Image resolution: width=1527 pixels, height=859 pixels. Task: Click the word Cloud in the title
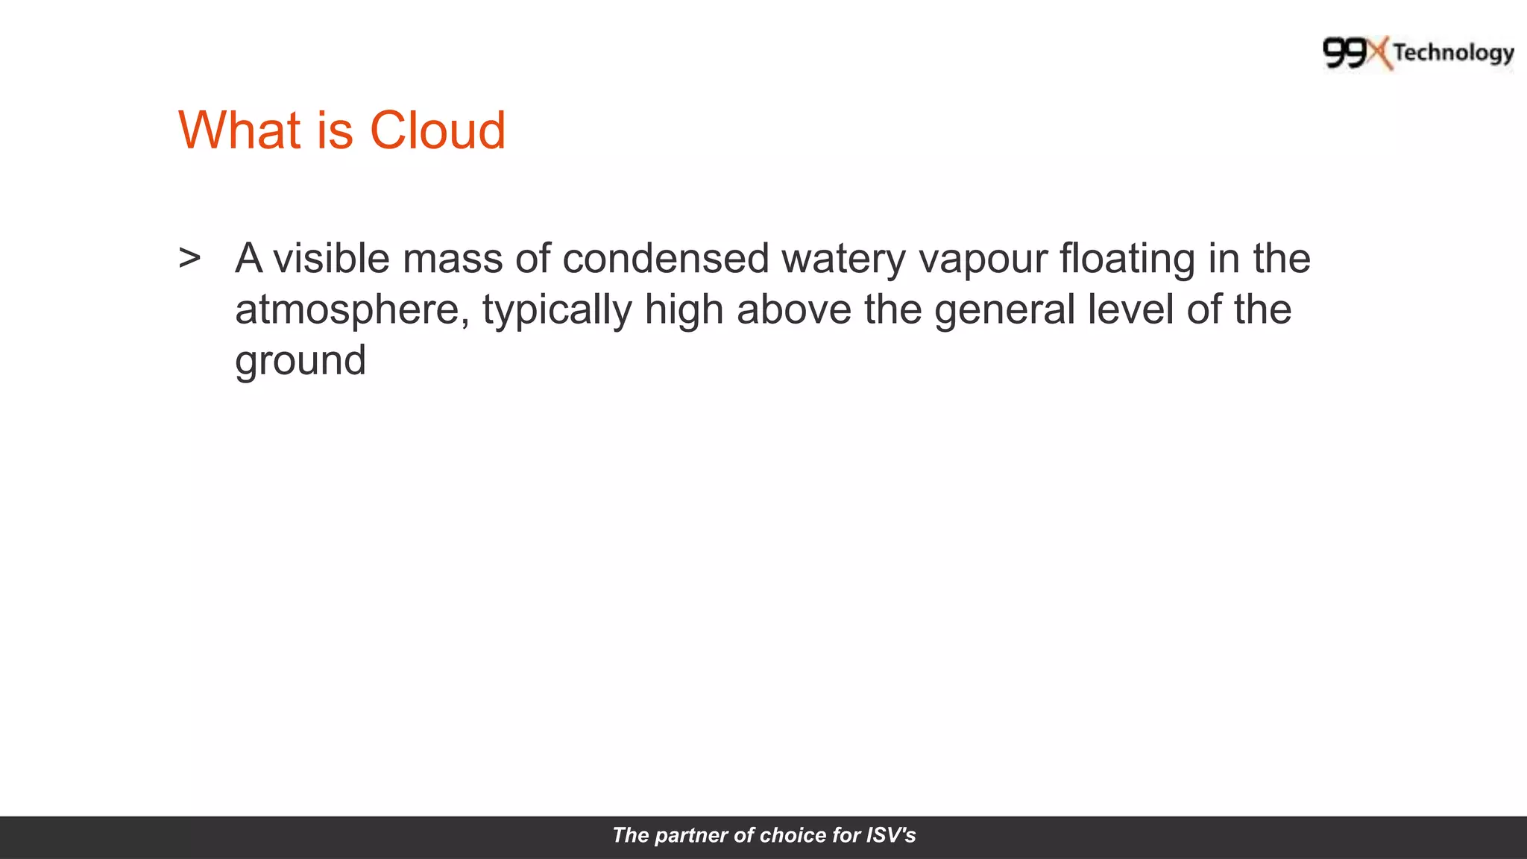[x=438, y=130]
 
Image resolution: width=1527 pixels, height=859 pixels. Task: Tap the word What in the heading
[x=239, y=130]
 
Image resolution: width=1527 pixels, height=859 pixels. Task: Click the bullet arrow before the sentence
[x=189, y=258]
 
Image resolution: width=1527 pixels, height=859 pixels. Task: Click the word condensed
[x=665, y=259]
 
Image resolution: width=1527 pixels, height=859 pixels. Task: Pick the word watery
[x=843, y=260]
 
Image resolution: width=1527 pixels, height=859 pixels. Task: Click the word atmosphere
[x=352, y=310]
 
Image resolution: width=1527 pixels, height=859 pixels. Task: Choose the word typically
[x=557, y=310]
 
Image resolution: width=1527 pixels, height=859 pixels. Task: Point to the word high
[x=684, y=310]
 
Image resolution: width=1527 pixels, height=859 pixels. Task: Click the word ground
[x=300, y=361]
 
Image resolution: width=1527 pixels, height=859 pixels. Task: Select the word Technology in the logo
[x=1453, y=53]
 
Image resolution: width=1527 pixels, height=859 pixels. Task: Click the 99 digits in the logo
[x=1346, y=54]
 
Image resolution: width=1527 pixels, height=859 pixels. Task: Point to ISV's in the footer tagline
[x=890, y=835]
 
